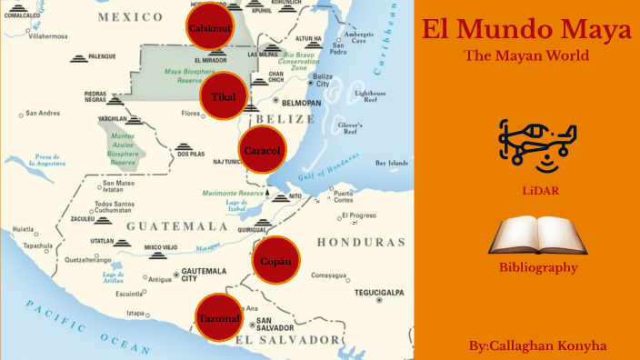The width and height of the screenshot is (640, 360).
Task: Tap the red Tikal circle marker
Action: (x=224, y=96)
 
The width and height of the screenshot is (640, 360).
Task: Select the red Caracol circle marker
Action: (x=262, y=150)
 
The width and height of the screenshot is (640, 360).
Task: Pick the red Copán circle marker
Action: (x=275, y=261)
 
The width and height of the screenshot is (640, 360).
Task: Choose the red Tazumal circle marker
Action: (x=219, y=318)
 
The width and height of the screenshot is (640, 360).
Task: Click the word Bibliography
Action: (x=538, y=267)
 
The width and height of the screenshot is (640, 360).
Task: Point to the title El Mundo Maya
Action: (x=526, y=30)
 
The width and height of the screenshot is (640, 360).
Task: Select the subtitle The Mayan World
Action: (x=526, y=56)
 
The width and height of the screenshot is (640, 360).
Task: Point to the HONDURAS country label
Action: (x=361, y=243)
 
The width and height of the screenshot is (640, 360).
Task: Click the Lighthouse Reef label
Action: (x=370, y=96)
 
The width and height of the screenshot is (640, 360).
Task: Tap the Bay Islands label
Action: (x=393, y=163)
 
